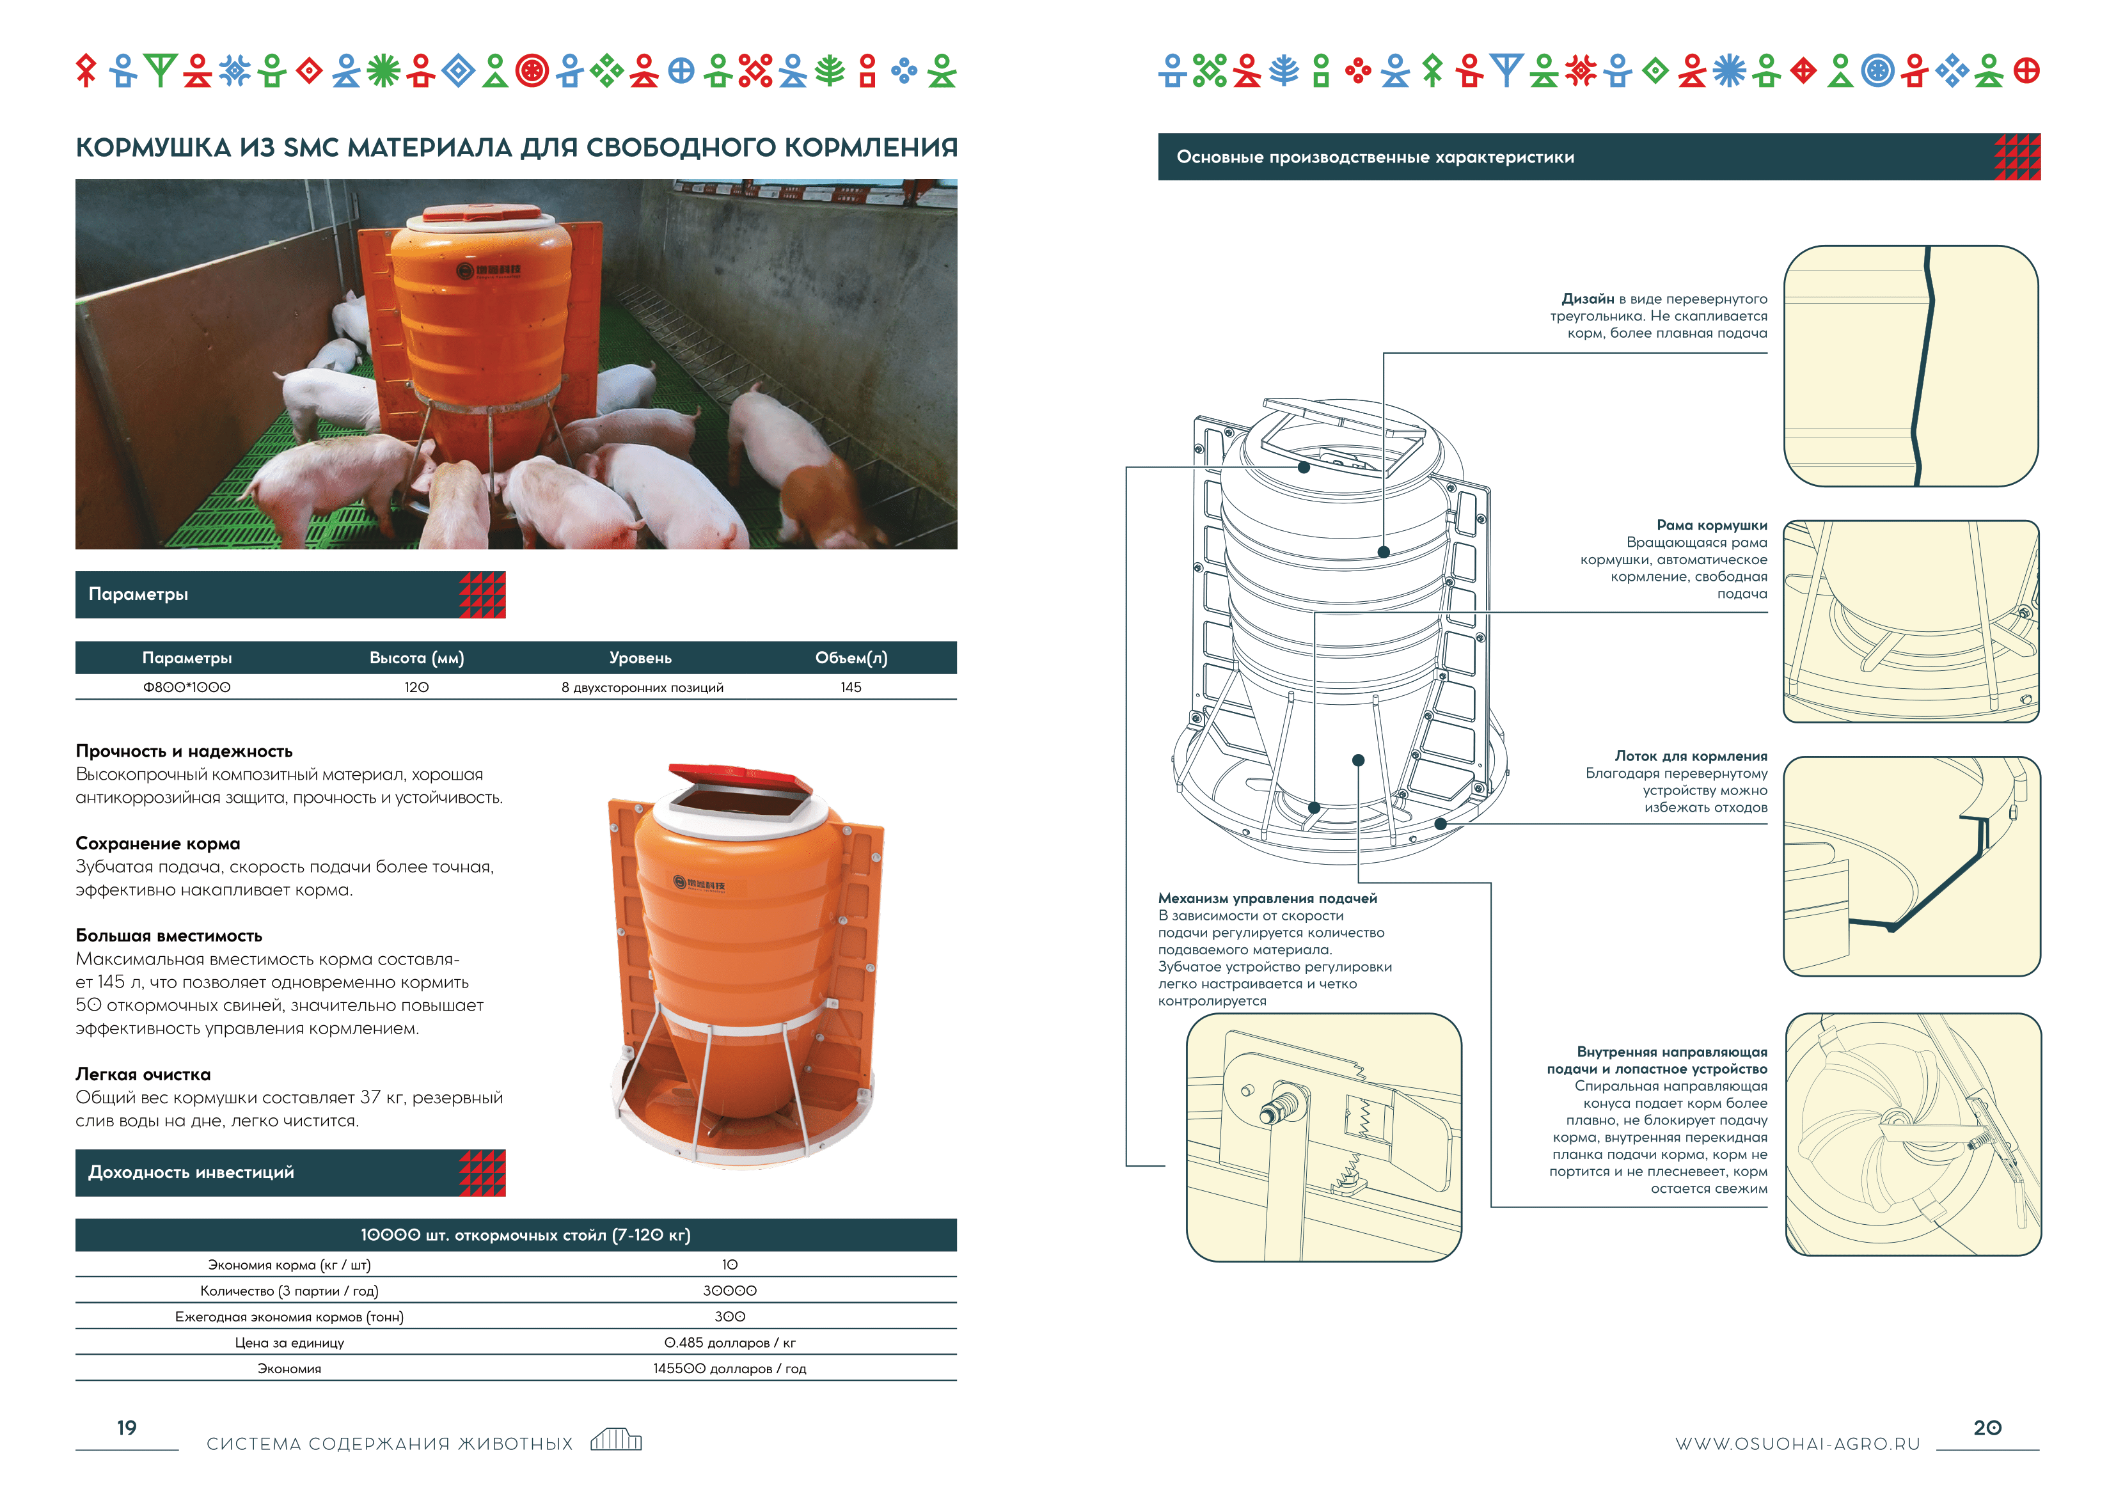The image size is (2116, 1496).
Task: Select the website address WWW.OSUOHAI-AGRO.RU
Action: tap(1797, 1444)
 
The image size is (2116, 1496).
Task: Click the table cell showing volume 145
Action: tap(851, 688)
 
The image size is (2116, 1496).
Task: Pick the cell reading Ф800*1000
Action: tap(186, 688)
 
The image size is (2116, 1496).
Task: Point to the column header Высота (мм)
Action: tap(416, 658)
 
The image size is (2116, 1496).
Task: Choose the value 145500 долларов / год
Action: tap(730, 1369)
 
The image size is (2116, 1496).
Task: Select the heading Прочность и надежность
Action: tap(184, 752)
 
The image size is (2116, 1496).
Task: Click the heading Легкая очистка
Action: tap(143, 1075)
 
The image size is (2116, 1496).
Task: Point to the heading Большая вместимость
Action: tap(169, 936)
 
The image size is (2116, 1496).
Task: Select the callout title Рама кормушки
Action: tap(1712, 525)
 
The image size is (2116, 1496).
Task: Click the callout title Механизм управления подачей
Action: tap(1267, 899)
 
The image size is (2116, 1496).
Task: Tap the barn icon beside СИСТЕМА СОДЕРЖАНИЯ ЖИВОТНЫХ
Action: tap(615, 1439)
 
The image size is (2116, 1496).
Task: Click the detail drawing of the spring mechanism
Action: tap(1323, 1137)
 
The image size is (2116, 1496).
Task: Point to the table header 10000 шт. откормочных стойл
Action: tap(525, 1235)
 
